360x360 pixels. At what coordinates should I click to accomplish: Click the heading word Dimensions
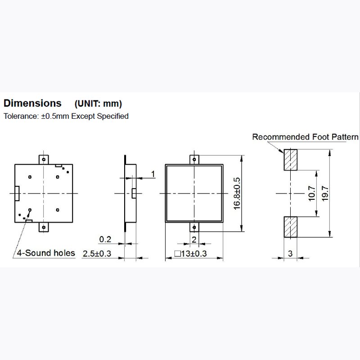[32, 103]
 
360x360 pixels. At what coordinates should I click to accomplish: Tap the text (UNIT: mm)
[98, 104]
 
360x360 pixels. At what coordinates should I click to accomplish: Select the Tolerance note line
[66, 116]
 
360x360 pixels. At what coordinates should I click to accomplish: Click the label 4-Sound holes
[46, 253]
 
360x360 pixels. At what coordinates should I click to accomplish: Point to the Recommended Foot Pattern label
[305, 137]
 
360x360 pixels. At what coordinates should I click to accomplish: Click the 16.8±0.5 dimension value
[237, 193]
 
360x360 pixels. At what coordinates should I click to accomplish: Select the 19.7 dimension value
[325, 193]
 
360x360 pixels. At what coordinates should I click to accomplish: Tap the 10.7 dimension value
[312, 193]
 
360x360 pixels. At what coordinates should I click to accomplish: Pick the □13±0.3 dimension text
[190, 254]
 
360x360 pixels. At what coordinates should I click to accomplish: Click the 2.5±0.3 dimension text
[97, 254]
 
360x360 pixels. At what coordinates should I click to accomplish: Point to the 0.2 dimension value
[105, 239]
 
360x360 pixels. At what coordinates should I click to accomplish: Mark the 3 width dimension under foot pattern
[290, 254]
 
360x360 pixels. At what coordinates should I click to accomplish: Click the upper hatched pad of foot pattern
[290, 160]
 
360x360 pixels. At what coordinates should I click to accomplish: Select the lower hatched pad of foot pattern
[290, 227]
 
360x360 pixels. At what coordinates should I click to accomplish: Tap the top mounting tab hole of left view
[44, 159]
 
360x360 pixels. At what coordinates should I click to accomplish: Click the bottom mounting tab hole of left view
[44, 227]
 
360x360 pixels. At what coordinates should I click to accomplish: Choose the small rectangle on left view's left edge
[17, 193]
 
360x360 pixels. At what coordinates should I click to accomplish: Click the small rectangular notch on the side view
[134, 193]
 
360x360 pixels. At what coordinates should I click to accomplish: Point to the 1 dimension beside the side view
[153, 174]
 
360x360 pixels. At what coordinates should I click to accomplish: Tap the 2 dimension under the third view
[194, 240]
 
